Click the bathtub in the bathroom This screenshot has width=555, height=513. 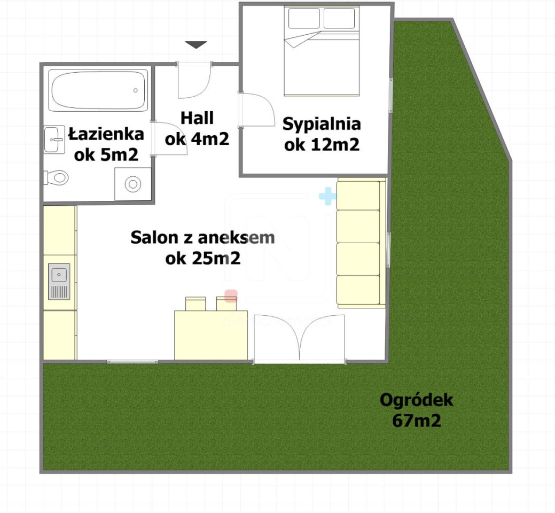98,90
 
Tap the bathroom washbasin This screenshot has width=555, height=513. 53,139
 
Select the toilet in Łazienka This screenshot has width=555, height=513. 57,177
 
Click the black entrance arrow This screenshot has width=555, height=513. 196,45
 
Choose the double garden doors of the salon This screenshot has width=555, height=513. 299,340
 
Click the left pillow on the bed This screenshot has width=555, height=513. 304,19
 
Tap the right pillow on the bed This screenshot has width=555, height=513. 339,19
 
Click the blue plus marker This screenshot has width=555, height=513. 327,197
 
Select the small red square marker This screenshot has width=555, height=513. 231,296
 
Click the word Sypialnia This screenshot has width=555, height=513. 322,124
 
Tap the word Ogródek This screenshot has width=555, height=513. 416,400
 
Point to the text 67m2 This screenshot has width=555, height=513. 416,421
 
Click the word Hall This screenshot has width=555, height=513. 197,118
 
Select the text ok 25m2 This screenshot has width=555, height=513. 202,259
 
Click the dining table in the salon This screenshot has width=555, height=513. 211,335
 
